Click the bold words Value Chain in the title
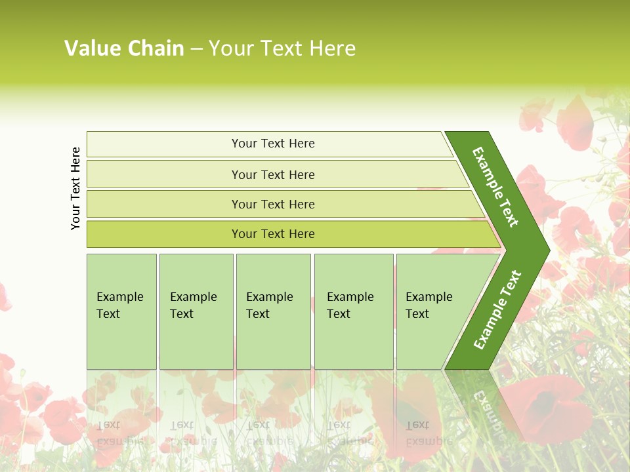point(124,48)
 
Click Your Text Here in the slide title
point(282,48)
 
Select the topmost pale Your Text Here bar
point(272,144)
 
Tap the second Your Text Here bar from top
point(272,174)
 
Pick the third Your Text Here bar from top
point(272,204)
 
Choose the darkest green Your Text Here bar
point(272,234)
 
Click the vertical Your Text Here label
point(75,188)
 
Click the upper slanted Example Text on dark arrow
point(495,187)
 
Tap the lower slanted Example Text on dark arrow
point(497,310)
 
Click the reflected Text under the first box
point(108,425)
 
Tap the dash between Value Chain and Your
point(196,49)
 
